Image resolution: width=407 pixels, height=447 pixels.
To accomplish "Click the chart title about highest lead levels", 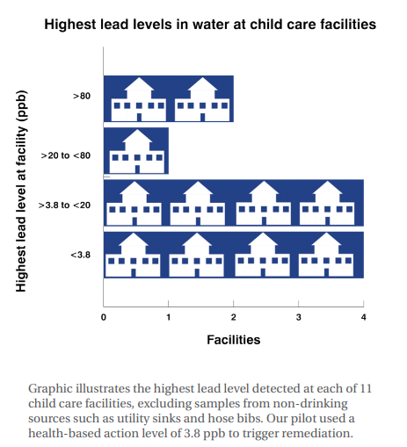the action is (x=210, y=25).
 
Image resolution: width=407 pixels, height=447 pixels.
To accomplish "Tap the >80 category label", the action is (x=82, y=96).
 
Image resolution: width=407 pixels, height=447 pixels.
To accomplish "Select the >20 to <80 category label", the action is (x=66, y=155).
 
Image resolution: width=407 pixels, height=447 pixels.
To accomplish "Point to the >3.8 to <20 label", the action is (x=64, y=205).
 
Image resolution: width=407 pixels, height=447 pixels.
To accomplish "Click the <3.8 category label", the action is (x=80, y=255).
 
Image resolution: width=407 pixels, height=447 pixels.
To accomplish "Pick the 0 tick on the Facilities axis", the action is (x=104, y=317).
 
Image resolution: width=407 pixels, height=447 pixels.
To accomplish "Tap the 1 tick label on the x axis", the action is (x=169, y=317).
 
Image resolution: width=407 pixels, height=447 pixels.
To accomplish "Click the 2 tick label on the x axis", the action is (x=233, y=317).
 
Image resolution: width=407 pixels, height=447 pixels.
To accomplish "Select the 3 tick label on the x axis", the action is (x=298, y=317).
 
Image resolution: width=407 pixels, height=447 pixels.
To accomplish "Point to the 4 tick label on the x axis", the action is (x=363, y=317).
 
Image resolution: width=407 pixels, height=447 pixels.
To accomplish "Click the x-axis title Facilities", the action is (x=234, y=340).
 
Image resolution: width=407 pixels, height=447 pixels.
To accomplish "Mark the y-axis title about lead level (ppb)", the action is (x=21, y=191).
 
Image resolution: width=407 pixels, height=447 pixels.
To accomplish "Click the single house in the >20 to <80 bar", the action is (x=136, y=151).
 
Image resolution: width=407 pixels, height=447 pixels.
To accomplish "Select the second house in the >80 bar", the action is (x=202, y=99).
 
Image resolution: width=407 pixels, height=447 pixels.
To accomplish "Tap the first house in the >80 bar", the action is (x=139, y=99).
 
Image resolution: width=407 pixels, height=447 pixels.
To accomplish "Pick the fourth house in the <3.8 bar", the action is (x=326, y=255).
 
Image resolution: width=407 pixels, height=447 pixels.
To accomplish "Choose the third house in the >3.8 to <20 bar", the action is (x=264, y=203).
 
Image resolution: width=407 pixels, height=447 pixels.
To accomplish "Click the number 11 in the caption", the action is (x=366, y=388).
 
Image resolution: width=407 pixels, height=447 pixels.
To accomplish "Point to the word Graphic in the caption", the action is (x=50, y=389).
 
